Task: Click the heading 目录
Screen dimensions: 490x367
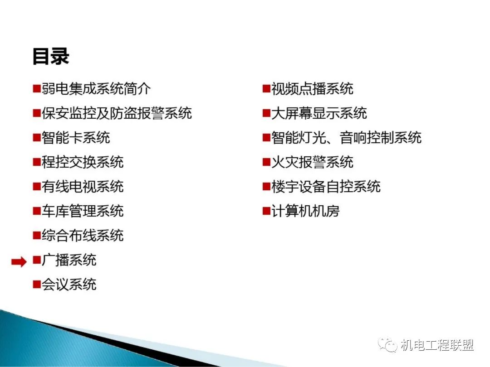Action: coord(51,57)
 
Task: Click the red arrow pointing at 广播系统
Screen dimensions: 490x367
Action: coord(19,261)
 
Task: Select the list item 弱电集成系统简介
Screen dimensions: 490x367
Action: coord(96,89)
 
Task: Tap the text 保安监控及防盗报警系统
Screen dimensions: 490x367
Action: coord(117,113)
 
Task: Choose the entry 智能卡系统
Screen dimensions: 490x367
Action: coord(76,138)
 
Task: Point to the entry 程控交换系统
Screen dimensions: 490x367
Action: coord(83,162)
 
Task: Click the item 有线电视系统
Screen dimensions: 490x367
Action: coord(83,186)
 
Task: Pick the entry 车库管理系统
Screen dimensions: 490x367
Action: coord(83,211)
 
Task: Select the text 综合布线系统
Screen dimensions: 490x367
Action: coord(83,235)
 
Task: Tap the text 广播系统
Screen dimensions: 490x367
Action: coord(69,260)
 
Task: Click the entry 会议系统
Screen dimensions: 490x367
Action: coord(69,284)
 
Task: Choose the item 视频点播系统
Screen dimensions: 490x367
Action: coord(312,89)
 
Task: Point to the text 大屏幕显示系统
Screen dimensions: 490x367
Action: coord(319,113)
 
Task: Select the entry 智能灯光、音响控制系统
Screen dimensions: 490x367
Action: coord(346,138)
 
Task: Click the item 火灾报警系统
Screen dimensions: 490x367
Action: coord(312,162)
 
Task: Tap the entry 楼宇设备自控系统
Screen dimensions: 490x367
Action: coord(326,186)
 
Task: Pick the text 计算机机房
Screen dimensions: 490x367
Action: coord(305,211)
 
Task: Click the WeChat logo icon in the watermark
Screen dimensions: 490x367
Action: coord(387,344)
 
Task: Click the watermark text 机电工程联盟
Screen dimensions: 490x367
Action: coord(437,345)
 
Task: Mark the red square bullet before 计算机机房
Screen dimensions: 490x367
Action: coord(266,211)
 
